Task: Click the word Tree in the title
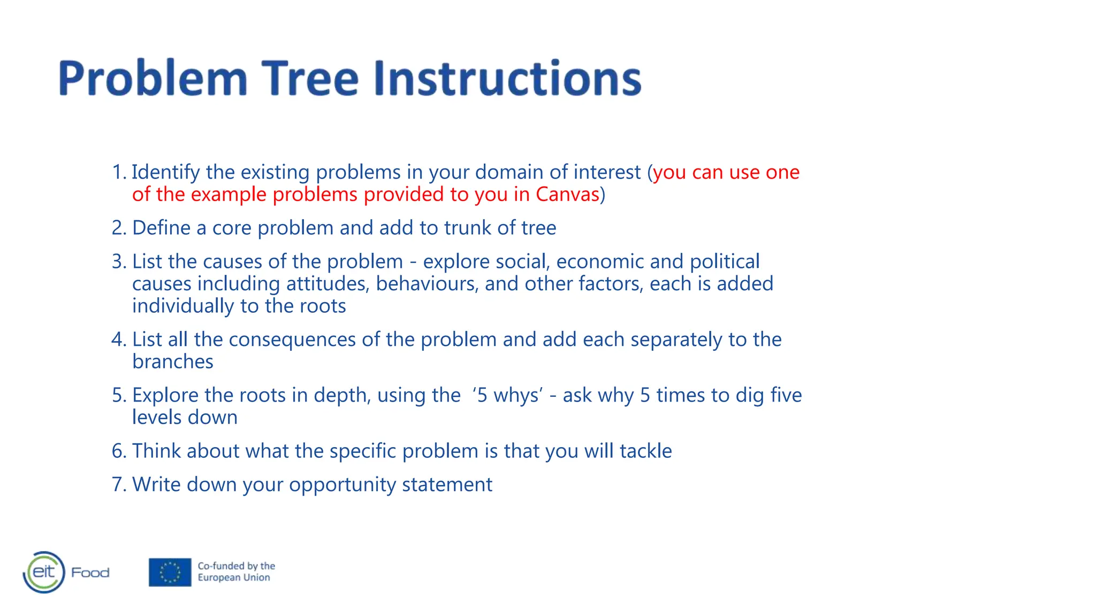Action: pyautogui.click(x=310, y=78)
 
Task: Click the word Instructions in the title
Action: pyautogui.click(x=507, y=78)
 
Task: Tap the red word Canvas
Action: pyautogui.click(x=567, y=194)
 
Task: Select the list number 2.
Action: pyautogui.click(x=118, y=228)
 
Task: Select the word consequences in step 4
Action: pyautogui.click(x=292, y=340)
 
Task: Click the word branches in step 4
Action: pyautogui.click(x=172, y=362)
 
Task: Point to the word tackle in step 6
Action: pyautogui.click(x=645, y=451)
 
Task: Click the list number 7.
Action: pyautogui.click(x=118, y=484)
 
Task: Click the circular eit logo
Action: pyautogui.click(x=44, y=572)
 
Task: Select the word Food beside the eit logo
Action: pyautogui.click(x=90, y=573)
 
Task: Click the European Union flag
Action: pyautogui.click(x=170, y=572)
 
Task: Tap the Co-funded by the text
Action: pyautogui.click(x=236, y=566)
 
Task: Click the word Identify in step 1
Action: pyautogui.click(x=165, y=172)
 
